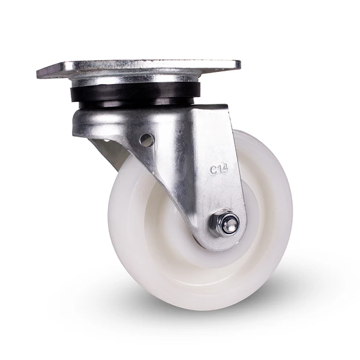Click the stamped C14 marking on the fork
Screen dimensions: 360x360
219,170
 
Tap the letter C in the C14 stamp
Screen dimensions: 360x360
213,170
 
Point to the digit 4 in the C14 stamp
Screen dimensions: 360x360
225,169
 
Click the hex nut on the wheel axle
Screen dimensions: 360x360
224,223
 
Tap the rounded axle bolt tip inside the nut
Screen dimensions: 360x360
232,224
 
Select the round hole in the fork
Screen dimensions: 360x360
146,139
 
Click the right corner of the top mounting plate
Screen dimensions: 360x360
240,63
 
